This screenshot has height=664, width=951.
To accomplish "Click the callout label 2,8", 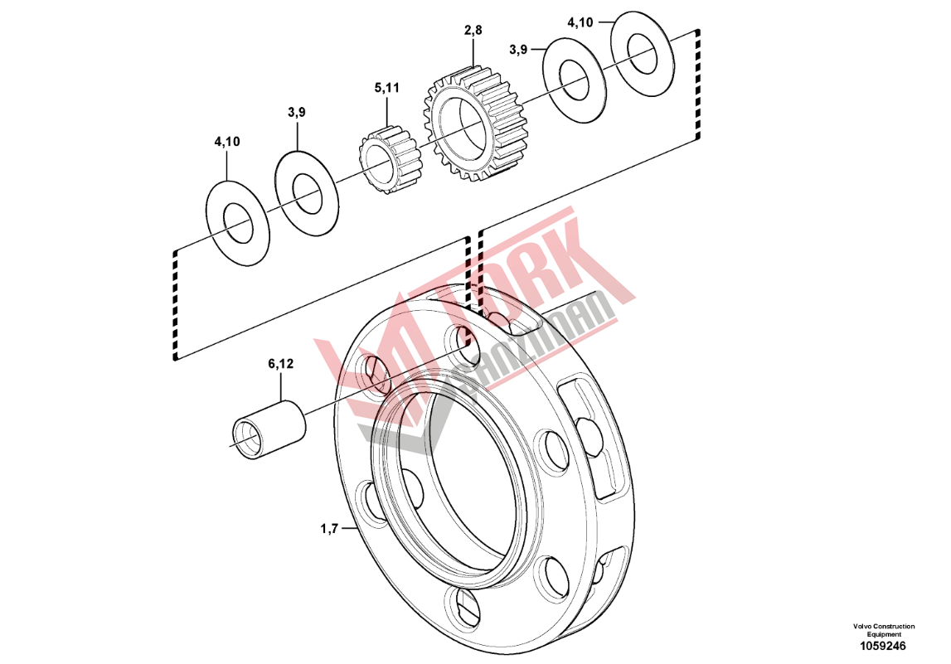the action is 473,30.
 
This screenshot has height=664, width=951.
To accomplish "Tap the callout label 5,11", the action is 387,88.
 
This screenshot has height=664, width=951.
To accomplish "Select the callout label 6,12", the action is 281,364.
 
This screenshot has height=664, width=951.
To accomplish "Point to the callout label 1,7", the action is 329,530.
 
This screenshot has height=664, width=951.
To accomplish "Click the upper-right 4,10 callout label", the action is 580,22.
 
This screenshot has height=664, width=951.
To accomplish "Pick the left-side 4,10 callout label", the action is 227,142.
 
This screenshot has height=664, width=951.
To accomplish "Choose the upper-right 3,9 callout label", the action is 518,50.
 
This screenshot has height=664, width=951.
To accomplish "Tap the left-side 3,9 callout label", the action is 297,112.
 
